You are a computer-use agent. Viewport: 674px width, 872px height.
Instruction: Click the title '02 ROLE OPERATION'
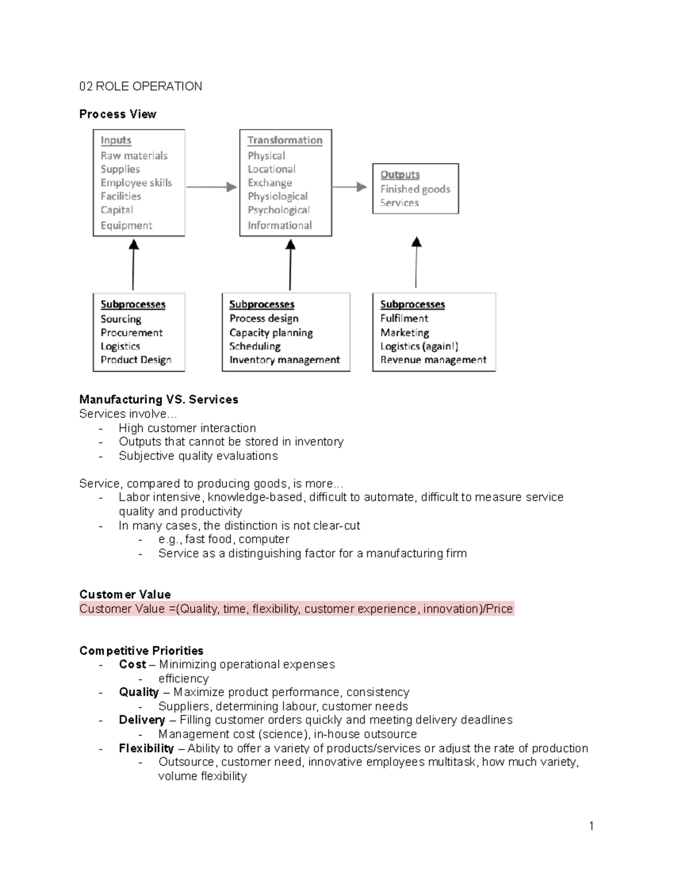[x=140, y=86]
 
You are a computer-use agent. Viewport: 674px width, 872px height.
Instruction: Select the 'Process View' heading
[x=117, y=114]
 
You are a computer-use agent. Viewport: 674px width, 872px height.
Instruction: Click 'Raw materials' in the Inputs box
[x=134, y=156]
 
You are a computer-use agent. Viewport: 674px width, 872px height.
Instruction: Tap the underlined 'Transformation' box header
[x=285, y=140]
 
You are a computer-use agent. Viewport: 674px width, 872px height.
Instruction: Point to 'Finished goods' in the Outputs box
[x=415, y=189]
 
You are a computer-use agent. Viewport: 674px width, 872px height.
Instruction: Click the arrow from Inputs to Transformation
[x=212, y=187]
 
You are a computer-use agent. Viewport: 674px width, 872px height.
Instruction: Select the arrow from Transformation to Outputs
[x=350, y=187]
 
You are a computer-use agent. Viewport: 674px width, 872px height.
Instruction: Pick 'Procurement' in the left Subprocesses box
[x=131, y=332]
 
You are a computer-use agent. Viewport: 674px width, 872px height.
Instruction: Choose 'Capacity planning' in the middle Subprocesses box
[x=271, y=332]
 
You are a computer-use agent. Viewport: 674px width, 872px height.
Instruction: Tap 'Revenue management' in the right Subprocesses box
[x=433, y=360]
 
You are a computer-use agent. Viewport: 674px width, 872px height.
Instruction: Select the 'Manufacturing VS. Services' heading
[x=158, y=400]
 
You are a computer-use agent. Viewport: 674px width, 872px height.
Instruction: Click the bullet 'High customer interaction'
[x=187, y=428]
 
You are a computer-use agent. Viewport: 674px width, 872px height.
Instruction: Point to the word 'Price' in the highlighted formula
[x=499, y=609]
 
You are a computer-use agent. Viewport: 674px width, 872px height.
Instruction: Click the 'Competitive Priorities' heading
[x=141, y=651]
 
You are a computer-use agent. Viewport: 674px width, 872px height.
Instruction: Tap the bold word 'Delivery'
[x=142, y=720]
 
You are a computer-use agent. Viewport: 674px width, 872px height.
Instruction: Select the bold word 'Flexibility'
[x=146, y=748]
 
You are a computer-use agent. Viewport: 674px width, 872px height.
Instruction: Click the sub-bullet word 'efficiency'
[x=183, y=678]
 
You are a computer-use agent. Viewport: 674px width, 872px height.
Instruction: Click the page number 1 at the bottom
[x=591, y=825]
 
